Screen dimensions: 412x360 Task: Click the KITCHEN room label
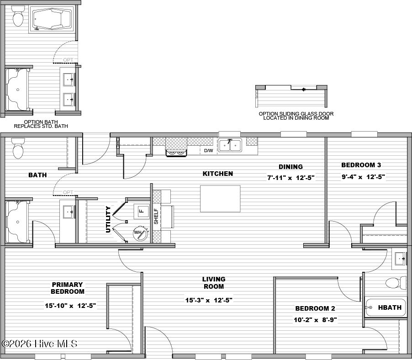(x=218, y=174)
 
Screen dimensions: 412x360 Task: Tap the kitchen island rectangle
(x=220, y=199)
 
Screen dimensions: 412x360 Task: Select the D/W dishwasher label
(x=209, y=151)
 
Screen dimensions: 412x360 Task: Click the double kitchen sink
(x=230, y=145)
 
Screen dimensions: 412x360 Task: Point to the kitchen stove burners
(x=176, y=153)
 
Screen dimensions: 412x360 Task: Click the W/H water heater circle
(x=140, y=233)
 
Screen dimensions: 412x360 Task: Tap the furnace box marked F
(x=142, y=211)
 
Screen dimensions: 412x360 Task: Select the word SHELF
(x=156, y=217)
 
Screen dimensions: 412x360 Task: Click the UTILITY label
(x=108, y=219)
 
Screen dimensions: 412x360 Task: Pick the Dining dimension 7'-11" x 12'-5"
(x=291, y=178)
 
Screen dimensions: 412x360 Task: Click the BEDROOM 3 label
(x=361, y=165)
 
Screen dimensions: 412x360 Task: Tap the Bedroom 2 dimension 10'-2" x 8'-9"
(x=315, y=320)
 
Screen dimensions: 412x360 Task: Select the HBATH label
(x=390, y=307)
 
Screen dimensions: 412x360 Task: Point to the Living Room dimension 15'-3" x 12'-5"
(x=209, y=300)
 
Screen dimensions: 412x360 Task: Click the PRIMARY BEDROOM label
(x=68, y=288)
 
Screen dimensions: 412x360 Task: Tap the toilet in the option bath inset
(x=18, y=16)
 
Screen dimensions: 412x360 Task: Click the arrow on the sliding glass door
(x=303, y=90)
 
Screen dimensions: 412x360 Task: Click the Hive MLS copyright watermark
(x=39, y=344)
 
